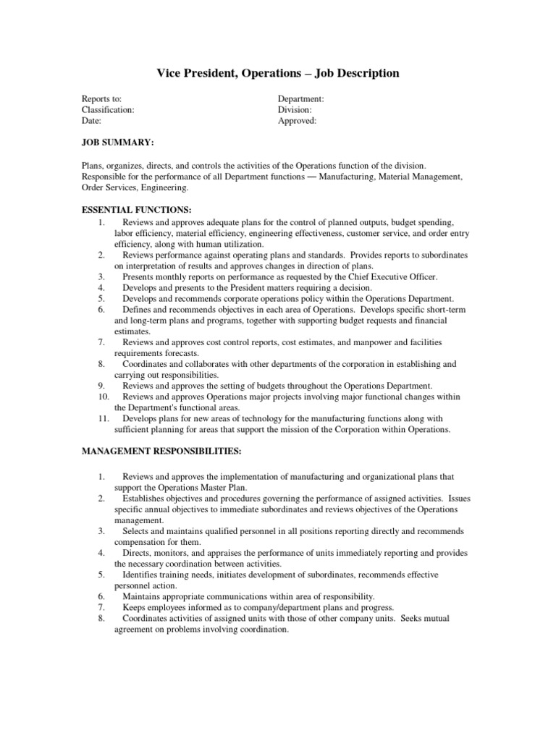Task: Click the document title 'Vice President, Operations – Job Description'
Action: [x=278, y=73]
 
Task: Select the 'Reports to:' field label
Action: [x=101, y=98]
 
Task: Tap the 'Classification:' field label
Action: [x=108, y=110]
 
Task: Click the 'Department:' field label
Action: [x=301, y=98]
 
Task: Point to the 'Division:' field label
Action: [x=295, y=110]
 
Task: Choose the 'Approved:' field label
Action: [x=298, y=122]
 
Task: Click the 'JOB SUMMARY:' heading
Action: [x=117, y=144]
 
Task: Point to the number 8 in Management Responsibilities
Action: [x=102, y=618]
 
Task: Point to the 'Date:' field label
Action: [x=91, y=122]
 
